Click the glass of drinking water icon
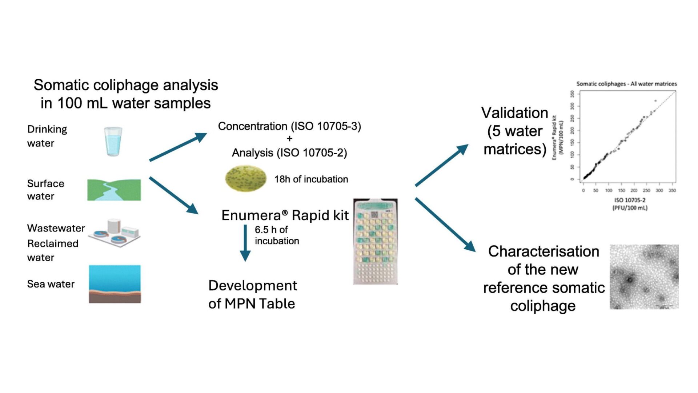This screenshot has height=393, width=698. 113,142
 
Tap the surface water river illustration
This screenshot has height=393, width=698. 114,190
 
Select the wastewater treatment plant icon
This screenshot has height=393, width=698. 115,233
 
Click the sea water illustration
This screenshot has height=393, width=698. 115,284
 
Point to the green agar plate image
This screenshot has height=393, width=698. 245,178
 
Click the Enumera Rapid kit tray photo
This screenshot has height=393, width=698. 376,242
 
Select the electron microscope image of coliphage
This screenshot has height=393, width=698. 644,277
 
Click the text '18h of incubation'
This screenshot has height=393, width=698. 311,179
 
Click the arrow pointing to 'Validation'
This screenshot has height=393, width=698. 441,166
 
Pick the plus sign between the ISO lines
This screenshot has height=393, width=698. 289,139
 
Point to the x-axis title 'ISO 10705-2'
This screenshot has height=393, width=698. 630,200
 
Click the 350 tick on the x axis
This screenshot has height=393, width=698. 672,190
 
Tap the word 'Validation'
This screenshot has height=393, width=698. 514,113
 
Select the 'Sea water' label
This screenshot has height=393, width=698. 51,284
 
